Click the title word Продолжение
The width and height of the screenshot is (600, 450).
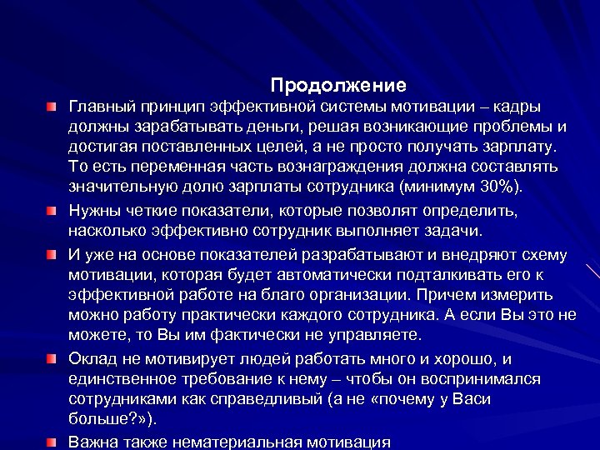click(x=338, y=85)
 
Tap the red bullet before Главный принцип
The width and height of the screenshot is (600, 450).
click(x=52, y=108)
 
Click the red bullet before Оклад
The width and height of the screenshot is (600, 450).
click(x=52, y=357)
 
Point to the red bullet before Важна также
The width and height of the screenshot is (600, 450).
click(x=52, y=439)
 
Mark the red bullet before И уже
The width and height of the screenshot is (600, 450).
click(x=52, y=253)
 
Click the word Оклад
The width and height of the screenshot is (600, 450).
click(x=93, y=358)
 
